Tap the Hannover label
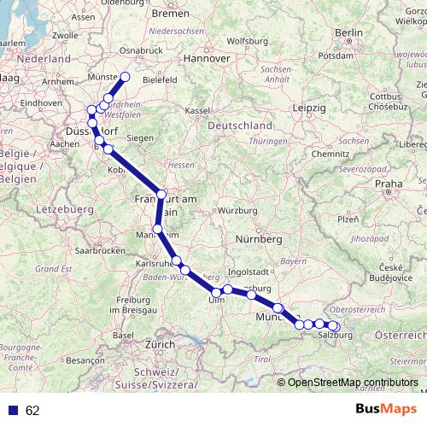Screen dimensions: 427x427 pyautogui.click(x=209, y=59)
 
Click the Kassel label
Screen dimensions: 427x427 pyautogui.click(x=197, y=111)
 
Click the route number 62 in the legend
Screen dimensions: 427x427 pyautogui.click(x=32, y=411)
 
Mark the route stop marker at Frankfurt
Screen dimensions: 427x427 pyautogui.click(x=162, y=194)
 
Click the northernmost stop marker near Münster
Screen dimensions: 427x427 pyautogui.click(x=125, y=77)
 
